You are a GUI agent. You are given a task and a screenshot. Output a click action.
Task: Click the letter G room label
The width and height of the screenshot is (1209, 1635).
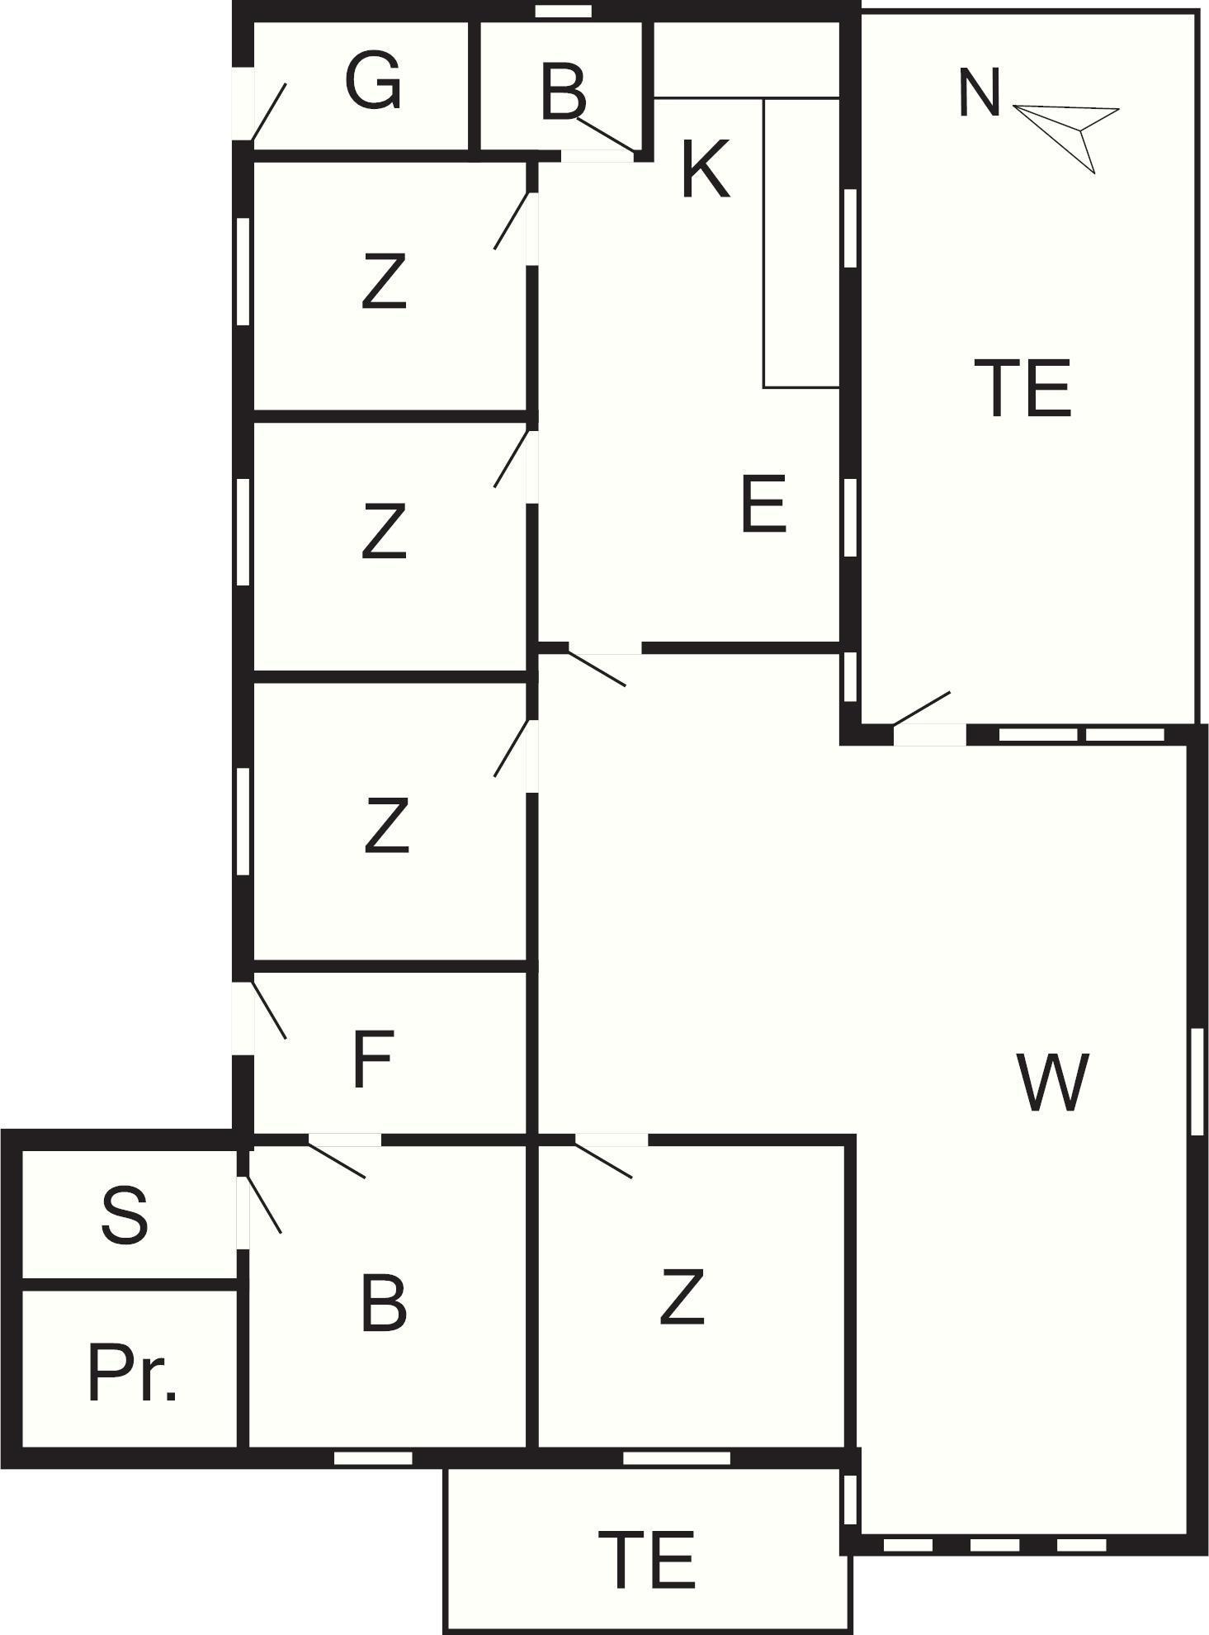(373, 80)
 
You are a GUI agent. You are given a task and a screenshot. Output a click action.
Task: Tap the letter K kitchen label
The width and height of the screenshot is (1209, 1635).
(706, 169)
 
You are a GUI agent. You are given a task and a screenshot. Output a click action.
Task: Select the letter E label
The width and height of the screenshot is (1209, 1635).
(763, 505)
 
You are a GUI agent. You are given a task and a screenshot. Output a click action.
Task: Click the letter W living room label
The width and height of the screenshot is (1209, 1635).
(1052, 1081)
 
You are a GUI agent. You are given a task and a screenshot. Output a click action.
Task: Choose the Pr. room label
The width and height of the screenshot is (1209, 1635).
(132, 1374)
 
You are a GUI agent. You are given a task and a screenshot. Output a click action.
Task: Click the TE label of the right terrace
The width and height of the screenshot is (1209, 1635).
(1022, 387)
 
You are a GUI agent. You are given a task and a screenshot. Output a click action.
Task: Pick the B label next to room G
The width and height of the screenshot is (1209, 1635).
(564, 91)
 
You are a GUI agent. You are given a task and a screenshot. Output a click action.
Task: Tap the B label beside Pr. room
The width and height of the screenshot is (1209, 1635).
(385, 1302)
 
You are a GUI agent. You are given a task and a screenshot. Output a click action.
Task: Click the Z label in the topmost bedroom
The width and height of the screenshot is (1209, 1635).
(385, 282)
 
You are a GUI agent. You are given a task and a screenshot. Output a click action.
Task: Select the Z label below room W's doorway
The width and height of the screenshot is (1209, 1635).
(682, 1297)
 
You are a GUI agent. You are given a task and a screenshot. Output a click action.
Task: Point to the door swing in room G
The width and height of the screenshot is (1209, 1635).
(268, 111)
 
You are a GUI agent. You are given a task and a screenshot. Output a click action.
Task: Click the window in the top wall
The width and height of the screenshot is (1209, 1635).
(564, 12)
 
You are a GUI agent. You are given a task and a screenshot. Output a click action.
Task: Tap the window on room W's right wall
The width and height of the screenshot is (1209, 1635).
(1198, 1081)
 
